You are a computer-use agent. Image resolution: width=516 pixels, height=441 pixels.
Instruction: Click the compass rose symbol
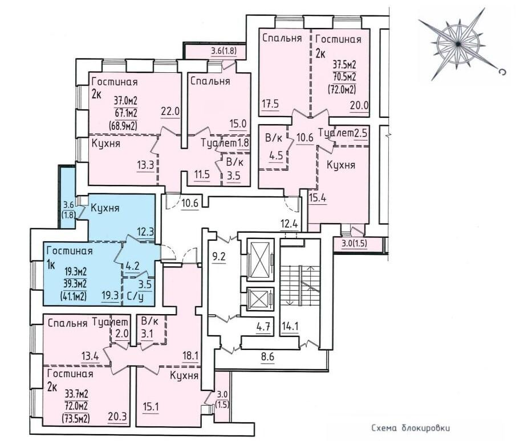[x=458, y=43]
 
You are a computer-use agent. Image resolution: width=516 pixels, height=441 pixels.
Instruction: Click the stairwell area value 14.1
[x=290, y=326]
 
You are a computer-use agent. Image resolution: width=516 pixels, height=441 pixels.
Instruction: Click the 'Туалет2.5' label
[x=343, y=133]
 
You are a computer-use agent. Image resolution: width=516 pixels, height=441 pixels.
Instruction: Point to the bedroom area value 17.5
[x=271, y=104]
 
